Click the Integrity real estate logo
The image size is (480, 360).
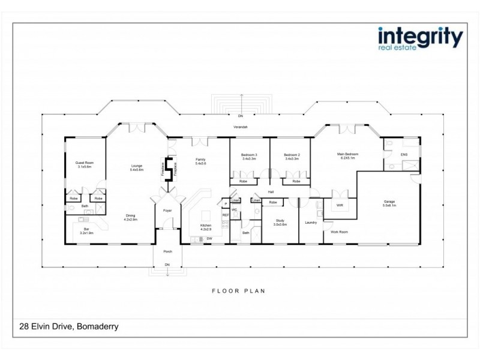[420, 38]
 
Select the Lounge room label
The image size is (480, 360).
[137, 168]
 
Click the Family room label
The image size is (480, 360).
[200, 161]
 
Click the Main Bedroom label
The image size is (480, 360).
[346, 156]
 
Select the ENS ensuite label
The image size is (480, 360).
[403, 154]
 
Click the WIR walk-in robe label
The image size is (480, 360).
[339, 205]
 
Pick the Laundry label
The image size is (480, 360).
[311, 223]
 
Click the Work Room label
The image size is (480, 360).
[340, 232]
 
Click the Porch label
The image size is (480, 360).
[169, 251]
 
